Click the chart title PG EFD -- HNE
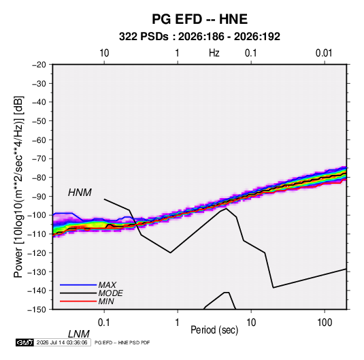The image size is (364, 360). [x=199, y=19]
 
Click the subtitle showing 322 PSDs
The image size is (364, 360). [x=199, y=37]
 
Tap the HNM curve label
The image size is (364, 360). [x=80, y=193]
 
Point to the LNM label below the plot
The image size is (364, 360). [x=79, y=334]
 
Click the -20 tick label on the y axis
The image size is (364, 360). [x=39, y=65]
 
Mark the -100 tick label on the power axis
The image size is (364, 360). [x=37, y=215]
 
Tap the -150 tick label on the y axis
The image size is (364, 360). [x=37, y=310]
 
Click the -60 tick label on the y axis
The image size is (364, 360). [x=39, y=140]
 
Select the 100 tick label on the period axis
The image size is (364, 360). [x=325, y=322]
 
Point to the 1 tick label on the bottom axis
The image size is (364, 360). [x=178, y=322]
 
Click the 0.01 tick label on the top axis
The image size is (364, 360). [x=324, y=53]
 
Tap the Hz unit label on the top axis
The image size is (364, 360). [x=214, y=53]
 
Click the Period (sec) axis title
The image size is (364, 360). [x=214, y=330]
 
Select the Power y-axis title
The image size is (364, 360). [x=18, y=186]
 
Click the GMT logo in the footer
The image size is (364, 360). [x=24, y=342]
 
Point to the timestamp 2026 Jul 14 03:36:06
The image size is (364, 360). [x=62, y=342]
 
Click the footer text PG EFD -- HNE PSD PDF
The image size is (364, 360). [x=122, y=342]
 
